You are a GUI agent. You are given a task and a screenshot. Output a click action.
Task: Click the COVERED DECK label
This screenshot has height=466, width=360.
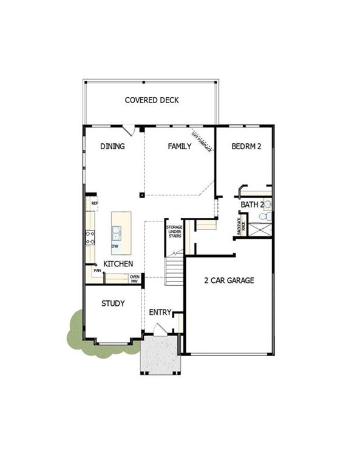tap(152, 100)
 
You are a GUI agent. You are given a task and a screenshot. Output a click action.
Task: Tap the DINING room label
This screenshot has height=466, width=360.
tap(112, 146)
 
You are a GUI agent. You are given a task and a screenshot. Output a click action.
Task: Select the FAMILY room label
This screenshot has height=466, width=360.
tap(180, 146)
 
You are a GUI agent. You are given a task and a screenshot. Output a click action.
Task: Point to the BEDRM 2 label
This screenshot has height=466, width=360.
tap(246, 146)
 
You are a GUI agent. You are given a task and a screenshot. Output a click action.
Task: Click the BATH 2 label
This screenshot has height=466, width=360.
tap(252, 205)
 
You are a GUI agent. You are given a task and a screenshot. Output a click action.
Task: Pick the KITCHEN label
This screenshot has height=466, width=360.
tap(118, 265)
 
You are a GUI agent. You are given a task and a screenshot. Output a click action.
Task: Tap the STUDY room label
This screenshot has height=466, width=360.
tap(113, 303)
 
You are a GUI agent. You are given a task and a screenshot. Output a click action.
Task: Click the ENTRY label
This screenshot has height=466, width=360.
tap(160, 312)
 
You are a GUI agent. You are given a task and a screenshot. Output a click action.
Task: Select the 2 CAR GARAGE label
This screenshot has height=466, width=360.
tap(229, 280)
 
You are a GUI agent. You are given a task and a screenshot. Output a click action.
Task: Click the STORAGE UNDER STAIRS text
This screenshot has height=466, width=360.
tap(174, 234)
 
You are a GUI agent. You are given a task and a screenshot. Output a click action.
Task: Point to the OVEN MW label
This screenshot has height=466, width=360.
tap(134, 279)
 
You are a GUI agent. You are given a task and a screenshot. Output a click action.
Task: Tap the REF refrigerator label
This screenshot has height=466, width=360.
tap(94, 203)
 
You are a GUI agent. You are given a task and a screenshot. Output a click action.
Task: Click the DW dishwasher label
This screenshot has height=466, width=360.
tap(115, 246)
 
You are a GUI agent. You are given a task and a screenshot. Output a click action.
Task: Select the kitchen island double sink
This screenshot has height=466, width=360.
tap(116, 232)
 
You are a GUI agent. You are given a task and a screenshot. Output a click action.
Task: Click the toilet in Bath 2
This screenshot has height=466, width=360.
tap(264, 216)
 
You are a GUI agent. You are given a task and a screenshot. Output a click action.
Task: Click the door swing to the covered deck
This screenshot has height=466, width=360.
tap(129, 130)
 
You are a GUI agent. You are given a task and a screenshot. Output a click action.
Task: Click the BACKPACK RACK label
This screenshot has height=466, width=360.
tap(240, 226)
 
